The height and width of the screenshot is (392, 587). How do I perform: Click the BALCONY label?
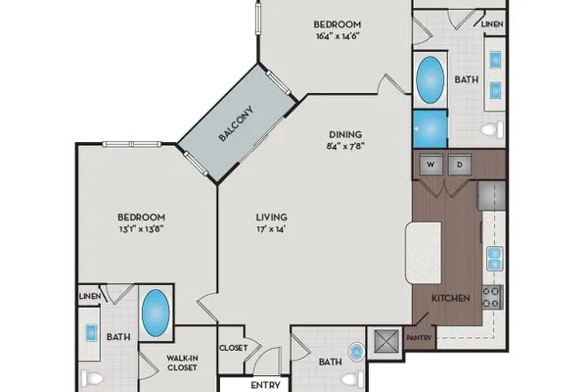click(x=236, y=124)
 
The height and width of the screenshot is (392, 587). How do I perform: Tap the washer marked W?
click(x=430, y=165)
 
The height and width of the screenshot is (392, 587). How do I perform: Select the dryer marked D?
click(x=460, y=165)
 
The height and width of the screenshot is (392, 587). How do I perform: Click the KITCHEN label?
click(x=451, y=298)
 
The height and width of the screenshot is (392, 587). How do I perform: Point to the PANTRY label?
click(x=419, y=337)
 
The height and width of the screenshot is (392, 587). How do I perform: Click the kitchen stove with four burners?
click(x=492, y=297)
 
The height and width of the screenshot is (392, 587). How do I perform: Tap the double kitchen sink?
click(x=494, y=259)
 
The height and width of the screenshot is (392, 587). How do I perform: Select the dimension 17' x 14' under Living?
click(x=271, y=228)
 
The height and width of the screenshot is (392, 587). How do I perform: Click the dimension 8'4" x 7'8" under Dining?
click(x=345, y=146)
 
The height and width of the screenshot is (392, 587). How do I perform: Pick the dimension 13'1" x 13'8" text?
click(x=142, y=228)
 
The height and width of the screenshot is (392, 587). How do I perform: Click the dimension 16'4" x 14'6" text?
click(x=338, y=36)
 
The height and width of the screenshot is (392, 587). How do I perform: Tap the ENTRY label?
click(x=265, y=385)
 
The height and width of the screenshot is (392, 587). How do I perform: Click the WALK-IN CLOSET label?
click(x=182, y=364)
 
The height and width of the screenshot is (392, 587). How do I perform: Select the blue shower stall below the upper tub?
click(x=430, y=128)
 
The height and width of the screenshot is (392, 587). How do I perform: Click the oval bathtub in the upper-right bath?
click(x=430, y=79)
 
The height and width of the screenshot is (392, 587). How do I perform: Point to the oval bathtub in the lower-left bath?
click(x=156, y=313)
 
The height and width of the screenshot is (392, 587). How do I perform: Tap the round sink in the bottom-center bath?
click(x=356, y=352)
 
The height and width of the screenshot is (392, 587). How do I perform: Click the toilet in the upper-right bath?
click(x=493, y=129)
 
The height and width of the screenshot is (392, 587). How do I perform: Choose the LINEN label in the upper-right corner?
click(x=492, y=24)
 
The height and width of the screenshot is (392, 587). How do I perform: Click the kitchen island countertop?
click(x=424, y=253)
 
